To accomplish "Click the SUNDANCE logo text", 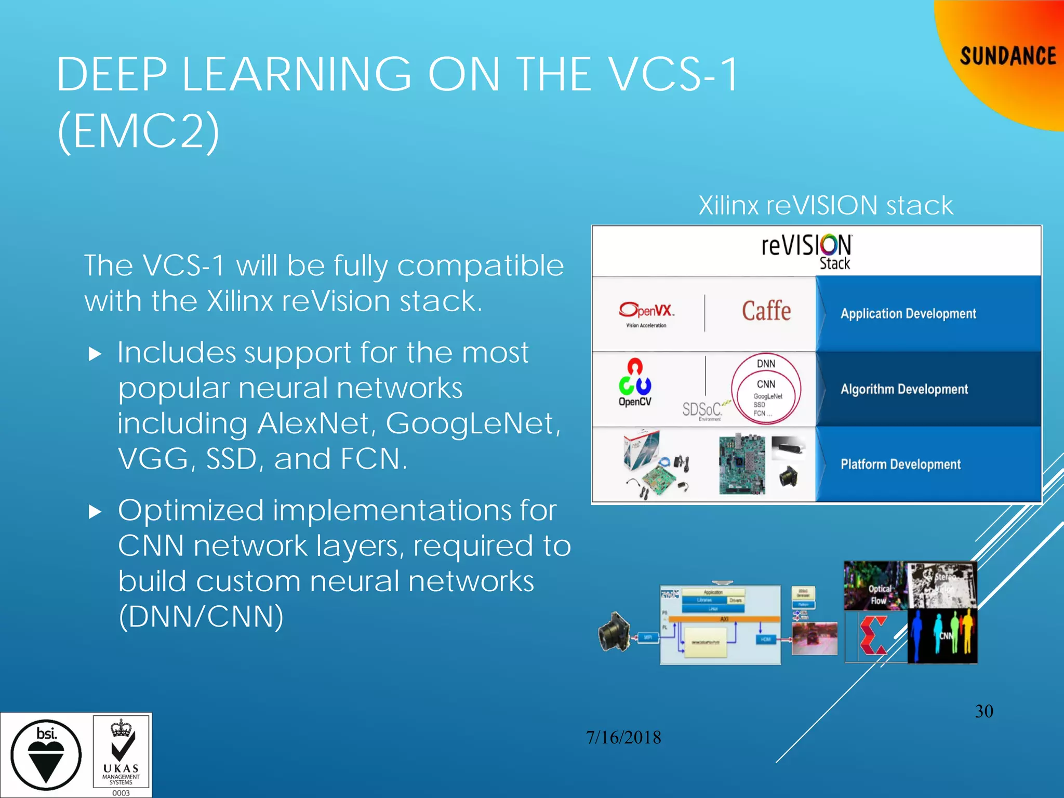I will point(1007,56).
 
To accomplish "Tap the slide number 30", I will point(984,711).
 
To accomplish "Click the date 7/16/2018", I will point(623,737).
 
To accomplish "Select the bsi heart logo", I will point(46,754).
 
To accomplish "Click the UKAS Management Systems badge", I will point(122,755).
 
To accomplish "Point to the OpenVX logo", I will point(646,314).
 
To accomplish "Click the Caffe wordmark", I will point(766,311).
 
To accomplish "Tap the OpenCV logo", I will point(635,383).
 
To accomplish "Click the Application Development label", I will point(908,314).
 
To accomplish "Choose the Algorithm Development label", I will point(904,389).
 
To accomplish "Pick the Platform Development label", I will point(900,464).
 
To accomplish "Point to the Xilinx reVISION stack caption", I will point(826,205).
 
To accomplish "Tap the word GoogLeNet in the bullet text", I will point(473,423).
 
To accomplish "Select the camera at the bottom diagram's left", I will point(614,632).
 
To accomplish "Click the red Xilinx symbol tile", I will point(875,636).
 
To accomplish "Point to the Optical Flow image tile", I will point(875,586).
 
